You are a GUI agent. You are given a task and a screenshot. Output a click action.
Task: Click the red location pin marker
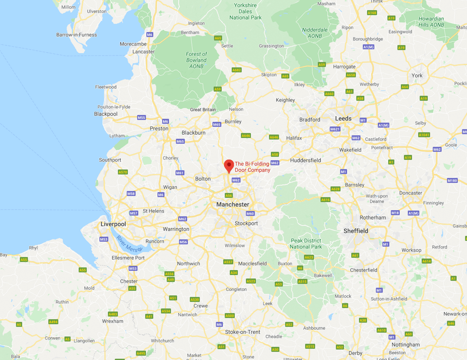[229, 165]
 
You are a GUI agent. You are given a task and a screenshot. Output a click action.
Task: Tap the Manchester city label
[232, 204]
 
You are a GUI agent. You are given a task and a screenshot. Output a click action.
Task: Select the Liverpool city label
[113, 224]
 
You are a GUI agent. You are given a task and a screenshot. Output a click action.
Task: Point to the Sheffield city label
[355, 231]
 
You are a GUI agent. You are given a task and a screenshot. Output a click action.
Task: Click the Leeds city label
[343, 119]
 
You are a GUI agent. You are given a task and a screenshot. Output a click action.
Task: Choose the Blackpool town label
[106, 114]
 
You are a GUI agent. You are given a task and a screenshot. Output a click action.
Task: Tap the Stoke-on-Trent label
[243, 332]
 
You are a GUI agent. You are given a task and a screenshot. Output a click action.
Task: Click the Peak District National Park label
[306, 244]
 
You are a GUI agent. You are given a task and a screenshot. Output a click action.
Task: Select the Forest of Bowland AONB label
[196, 60]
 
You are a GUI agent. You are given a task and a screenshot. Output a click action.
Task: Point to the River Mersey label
[129, 243]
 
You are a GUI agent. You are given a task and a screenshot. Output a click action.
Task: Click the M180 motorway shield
[452, 180]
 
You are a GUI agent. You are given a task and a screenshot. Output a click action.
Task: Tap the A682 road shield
[237, 70]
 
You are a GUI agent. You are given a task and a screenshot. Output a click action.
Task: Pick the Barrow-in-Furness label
[76, 35]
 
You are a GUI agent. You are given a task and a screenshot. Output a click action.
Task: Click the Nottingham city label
[405, 344]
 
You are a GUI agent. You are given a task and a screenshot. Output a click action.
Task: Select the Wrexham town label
[112, 321]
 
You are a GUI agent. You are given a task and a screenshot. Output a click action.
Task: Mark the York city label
[417, 75]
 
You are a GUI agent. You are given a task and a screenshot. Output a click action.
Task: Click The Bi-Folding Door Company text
[252, 167]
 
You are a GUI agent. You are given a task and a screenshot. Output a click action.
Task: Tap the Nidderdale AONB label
[315, 33]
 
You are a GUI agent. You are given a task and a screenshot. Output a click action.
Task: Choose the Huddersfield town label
[305, 160]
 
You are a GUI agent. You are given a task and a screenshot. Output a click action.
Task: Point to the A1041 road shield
[424, 135]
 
